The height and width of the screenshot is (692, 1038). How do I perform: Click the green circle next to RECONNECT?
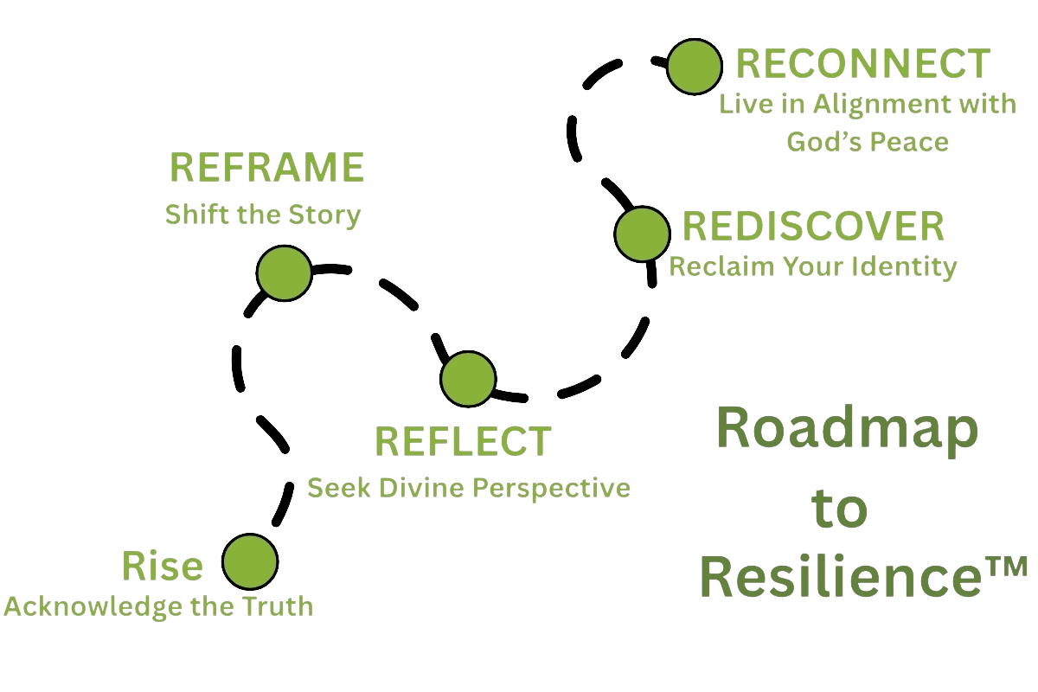coord(694,67)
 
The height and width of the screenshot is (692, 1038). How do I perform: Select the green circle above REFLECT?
coord(467,379)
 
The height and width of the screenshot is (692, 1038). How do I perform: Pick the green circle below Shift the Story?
coord(283,273)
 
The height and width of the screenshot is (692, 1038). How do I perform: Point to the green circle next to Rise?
coord(249,562)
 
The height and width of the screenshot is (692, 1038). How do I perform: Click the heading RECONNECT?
coord(862,65)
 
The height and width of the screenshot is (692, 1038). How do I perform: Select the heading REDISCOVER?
coord(812,227)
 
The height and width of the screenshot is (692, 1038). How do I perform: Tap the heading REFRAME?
coord(266,167)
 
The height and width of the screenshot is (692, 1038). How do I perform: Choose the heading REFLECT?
coord(463,440)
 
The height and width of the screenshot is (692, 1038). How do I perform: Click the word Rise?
coord(163,567)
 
